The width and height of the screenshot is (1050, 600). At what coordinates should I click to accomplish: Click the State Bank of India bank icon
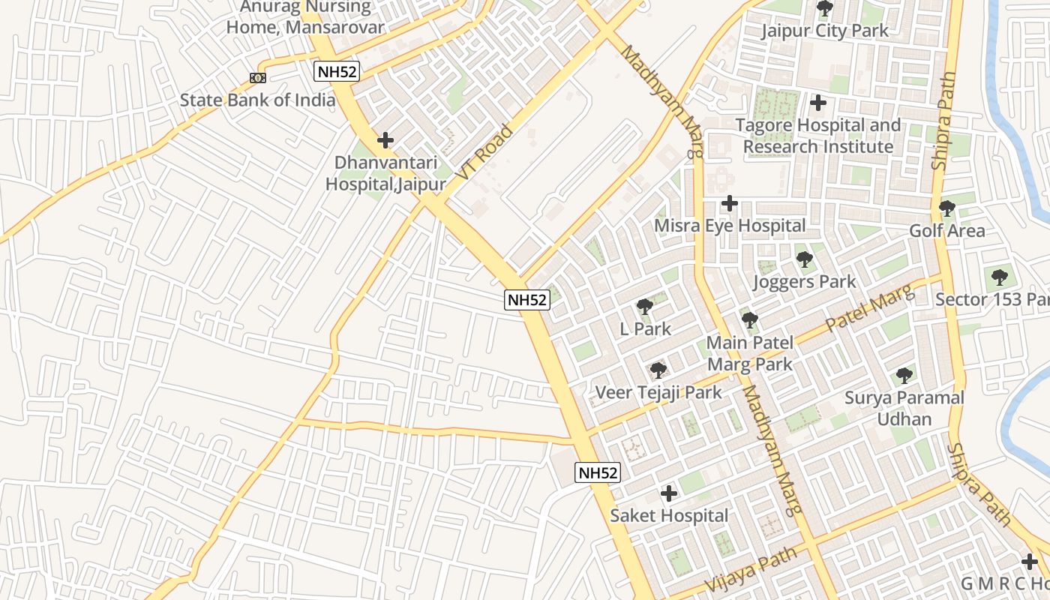pyautogui.click(x=257, y=77)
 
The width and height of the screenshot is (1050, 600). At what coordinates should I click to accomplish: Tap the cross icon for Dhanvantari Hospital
pyautogui.click(x=385, y=140)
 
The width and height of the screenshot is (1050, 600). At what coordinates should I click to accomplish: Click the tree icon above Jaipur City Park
pyautogui.click(x=824, y=9)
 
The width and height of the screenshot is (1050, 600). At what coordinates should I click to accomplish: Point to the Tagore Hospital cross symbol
pyautogui.click(x=818, y=103)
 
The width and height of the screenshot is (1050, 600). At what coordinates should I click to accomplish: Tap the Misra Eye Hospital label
pyautogui.click(x=730, y=226)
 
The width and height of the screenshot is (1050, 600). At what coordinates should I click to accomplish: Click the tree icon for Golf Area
pyautogui.click(x=946, y=208)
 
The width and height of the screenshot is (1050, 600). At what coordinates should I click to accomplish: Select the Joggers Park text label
pyautogui.click(x=804, y=282)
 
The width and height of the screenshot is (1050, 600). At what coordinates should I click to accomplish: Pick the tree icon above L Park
pyautogui.click(x=644, y=307)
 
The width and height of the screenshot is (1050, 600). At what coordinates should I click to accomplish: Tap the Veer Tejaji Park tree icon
pyautogui.click(x=658, y=370)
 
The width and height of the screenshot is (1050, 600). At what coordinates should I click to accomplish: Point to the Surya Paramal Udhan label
pyautogui.click(x=904, y=408)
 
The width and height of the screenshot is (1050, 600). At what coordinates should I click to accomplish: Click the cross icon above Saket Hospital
pyautogui.click(x=668, y=493)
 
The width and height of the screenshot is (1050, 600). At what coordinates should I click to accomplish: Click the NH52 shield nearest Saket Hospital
pyautogui.click(x=598, y=472)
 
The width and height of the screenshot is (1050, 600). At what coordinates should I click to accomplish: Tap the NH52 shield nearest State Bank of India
pyautogui.click(x=337, y=72)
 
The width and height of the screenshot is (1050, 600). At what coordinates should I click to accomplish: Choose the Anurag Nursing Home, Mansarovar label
pyautogui.click(x=305, y=17)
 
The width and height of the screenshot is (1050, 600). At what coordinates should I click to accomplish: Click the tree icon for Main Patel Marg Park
pyautogui.click(x=749, y=321)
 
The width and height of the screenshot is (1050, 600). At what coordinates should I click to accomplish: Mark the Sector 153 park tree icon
pyautogui.click(x=999, y=277)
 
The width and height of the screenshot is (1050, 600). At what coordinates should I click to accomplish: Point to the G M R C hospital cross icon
pyautogui.click(x=1030, y=561)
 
